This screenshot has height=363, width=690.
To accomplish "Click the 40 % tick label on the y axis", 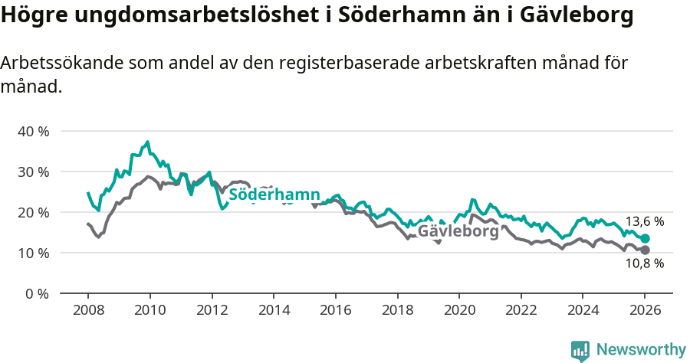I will (x=33, y=131).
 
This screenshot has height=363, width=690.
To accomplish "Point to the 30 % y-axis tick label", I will (x=33, y=172).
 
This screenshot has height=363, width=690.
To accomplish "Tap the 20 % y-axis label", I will (x=33, y=212).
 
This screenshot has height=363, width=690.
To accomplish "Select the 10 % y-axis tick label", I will (x=33, y=253).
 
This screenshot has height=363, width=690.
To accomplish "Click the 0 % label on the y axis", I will (x=37, y=293).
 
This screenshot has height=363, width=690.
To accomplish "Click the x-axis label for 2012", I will (x=211, y=310).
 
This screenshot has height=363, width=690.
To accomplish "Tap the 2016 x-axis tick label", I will (x=335, y=310).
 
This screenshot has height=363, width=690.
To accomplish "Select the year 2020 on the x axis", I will (x=458, y=310).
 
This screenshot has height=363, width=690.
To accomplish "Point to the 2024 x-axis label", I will (x=582, y=310).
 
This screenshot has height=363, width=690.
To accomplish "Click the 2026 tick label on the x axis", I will (x=644, y=310).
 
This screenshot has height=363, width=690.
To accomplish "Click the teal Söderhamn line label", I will (x=274, y=195).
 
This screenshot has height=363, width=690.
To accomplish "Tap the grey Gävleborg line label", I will (x=458, y=231).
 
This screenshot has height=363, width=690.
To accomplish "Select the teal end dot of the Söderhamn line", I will (x=645, y=239).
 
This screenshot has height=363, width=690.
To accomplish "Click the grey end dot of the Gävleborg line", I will (x=645, y=250).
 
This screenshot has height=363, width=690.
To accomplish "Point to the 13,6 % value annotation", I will (x=644, y=221).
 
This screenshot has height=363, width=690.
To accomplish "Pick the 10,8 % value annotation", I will (x=644, y=263).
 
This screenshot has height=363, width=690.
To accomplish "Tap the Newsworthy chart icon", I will (x=580, y=351).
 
